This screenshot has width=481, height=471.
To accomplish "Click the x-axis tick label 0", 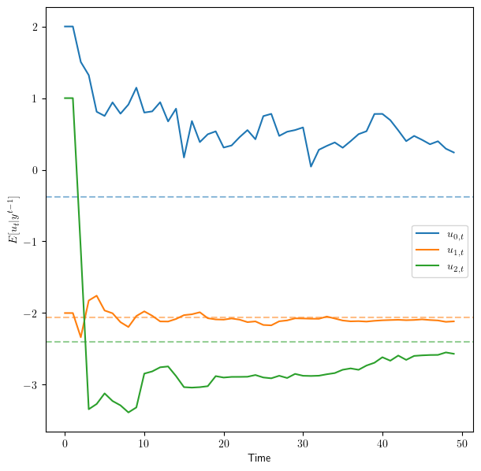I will pyautogui.click(x=65, y=443).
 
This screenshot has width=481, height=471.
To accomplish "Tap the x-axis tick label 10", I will pyautogui.click(x=144, y=443).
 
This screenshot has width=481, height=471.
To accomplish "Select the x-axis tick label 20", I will pyautogui.click(x=224, y=443).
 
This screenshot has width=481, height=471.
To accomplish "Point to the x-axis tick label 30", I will pyautogui.click(x=303, y=443).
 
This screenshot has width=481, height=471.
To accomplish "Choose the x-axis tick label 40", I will pyautogui.click(x=382, y=443).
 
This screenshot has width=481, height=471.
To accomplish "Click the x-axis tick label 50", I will pyautogui.click(x=462, y=443).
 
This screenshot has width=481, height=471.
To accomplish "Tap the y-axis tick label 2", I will pyautogui.click(x=34, y=27).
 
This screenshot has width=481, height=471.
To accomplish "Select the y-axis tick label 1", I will pyautogui.click(x=34, y=98).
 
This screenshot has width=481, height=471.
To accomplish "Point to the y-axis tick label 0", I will pyautogui.click(x=34, y=170).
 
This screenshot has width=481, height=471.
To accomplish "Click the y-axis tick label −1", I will pyautogui.click(x=30, y=242).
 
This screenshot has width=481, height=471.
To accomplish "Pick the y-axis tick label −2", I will pyautogui.click(x=30, y=313).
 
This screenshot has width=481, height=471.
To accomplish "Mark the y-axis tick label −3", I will pyautogui.click(x=30, y=385).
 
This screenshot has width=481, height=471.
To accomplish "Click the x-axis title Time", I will pyautogui.click(x=259, y=458).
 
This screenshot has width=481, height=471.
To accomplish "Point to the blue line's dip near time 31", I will pyautogui.click(x=311, y=166).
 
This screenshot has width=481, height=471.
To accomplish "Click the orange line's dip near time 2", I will pyautogui.click(x=80, y=337).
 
